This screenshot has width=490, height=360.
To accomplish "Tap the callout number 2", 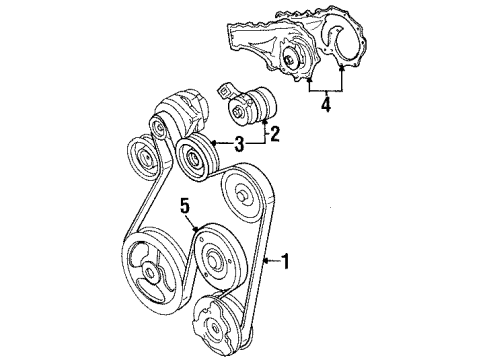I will pos(273,130).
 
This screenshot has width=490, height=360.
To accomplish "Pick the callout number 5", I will pos(185,234).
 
